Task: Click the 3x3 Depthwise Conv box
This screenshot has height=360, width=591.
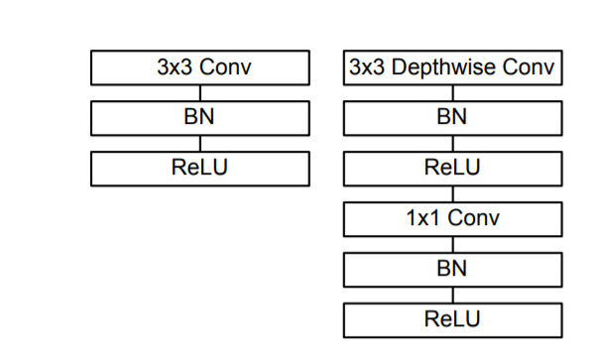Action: (453, 68)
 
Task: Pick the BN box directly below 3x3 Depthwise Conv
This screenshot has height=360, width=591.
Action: (453, 118)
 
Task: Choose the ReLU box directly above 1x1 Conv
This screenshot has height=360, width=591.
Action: (453, 169)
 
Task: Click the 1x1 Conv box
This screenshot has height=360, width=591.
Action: (453, 218)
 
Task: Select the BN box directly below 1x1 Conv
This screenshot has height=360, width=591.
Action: (453, 269)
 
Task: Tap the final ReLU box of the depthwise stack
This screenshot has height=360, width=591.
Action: (453, 319)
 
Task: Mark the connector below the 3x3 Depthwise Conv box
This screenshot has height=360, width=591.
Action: (453, 93)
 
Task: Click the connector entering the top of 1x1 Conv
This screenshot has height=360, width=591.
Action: (453, 194)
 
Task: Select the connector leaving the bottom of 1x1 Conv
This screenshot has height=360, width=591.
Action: (453, 244)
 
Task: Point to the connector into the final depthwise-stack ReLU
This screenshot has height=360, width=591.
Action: (453, 295)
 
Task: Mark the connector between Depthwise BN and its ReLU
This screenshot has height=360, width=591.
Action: (453, 144)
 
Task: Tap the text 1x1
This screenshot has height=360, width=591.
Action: (425, 218)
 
